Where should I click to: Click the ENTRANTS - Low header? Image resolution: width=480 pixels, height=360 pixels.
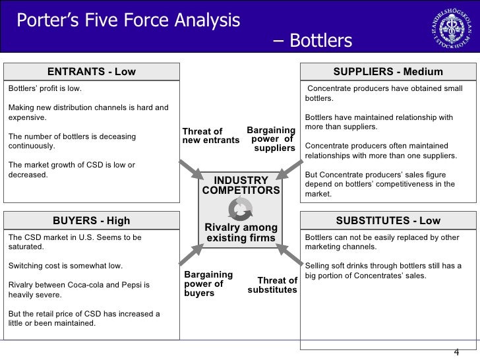click(x=92, y=72)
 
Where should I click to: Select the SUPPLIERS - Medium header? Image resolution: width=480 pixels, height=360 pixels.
click(x=388, y=72)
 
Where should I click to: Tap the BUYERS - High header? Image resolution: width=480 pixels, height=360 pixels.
click(x=92, y=221)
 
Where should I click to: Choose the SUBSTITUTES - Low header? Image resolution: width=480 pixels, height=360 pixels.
click(x=388, y=221)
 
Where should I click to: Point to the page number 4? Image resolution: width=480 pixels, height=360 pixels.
click(x=456, y=351)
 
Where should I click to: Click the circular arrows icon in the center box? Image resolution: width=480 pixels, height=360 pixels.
click(x=240, y=209)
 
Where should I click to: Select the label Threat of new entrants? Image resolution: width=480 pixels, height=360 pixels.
click(x=210, y=136)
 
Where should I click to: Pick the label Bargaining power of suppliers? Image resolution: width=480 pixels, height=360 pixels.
click(x=271, y=139)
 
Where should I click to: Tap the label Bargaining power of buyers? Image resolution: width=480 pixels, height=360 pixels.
click(x=208, y=284)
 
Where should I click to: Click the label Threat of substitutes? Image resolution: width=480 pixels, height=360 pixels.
click(x=272, y=285)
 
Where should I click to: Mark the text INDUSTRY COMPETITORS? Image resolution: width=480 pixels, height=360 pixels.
click(x=241, y=185)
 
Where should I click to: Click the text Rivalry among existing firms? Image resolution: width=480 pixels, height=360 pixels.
click(x=241, y=233)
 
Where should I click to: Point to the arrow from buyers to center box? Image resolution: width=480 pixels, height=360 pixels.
click(x=193, y=253)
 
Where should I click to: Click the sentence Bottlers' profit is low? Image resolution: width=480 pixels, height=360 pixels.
click(x=45, y=88)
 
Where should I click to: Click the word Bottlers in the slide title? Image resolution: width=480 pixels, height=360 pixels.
click(x=321, y=41)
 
